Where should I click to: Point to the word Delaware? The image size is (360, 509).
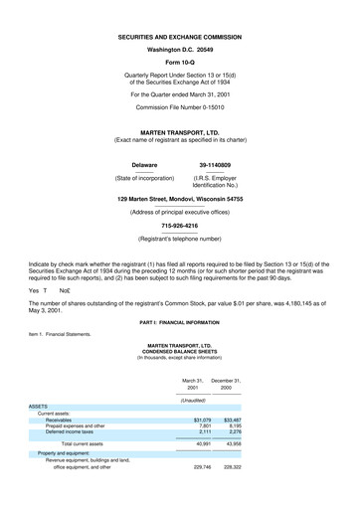pos(145,164)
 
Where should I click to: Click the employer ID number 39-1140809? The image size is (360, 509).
pos(216,164)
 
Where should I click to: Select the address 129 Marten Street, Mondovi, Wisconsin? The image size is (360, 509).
pos(179,200)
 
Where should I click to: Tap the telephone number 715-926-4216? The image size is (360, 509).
pos(179,226)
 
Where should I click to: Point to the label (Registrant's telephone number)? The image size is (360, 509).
pos(179,240)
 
